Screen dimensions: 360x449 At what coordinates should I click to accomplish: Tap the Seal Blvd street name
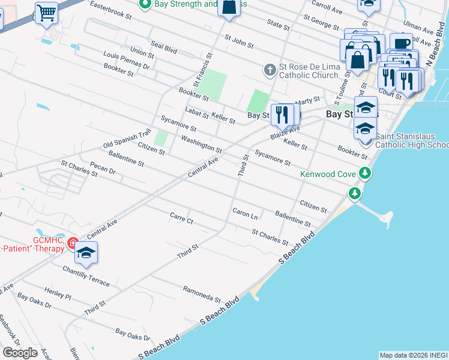pos(164,47)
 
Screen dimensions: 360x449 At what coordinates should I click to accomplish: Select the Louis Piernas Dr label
pos(126,60)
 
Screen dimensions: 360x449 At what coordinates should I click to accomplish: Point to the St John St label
pos(239,41)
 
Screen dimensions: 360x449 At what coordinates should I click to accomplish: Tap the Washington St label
pos(202,144)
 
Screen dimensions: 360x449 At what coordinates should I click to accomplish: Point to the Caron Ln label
pos(245,213)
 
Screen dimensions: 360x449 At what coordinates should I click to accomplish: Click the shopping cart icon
pos(46,11)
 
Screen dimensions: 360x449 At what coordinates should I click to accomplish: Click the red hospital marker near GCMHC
pos(73,243)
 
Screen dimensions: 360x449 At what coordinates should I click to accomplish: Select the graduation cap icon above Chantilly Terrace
pos(86,253)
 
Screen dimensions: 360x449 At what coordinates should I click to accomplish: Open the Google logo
pos(20,352)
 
